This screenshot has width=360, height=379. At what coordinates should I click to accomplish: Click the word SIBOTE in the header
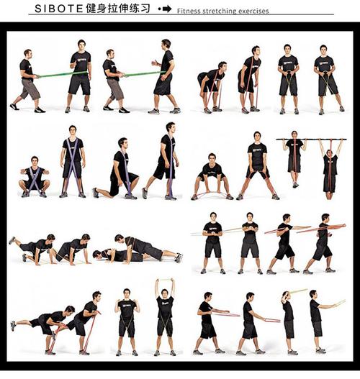59,9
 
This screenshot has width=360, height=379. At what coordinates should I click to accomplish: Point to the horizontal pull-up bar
311,140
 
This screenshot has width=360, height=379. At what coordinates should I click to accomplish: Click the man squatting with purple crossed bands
35,177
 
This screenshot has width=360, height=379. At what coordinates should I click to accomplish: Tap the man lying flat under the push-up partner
119,256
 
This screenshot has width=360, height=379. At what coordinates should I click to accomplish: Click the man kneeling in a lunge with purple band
116,169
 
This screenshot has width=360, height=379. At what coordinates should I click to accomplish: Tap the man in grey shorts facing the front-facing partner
28,81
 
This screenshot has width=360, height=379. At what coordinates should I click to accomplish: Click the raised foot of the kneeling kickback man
12,240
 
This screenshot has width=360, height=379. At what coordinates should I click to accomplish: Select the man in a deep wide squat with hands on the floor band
212,176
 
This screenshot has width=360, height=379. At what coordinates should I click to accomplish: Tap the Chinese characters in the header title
118,9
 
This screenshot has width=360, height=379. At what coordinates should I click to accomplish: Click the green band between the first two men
63,74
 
